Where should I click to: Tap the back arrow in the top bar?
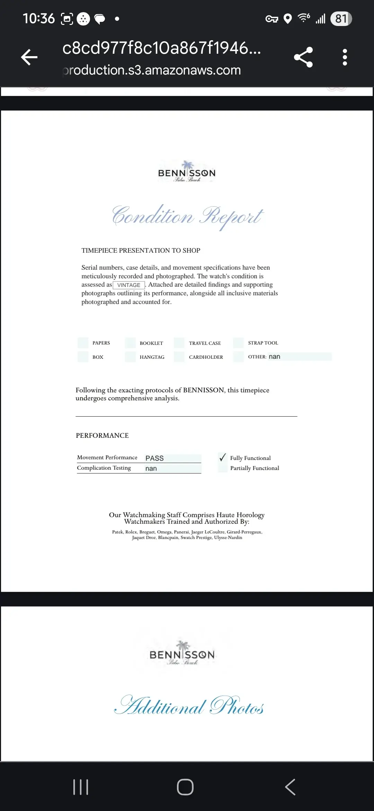tap(29, 57)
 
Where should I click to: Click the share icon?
tap(303, 57)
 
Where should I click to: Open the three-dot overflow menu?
tap(345, 57)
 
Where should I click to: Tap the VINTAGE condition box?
tap(129, 285)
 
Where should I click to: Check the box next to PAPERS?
tap(83, 343)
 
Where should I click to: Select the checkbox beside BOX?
tap(83, 357)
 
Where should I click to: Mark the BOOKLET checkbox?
tap(131, 343)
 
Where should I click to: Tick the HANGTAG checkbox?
tap(131, 357)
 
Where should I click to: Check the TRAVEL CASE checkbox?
tap(179, 343)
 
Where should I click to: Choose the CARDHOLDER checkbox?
tap(179, 357)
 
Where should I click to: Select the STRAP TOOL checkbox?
tap(239, 343)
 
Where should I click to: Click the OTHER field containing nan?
tap(300, 357)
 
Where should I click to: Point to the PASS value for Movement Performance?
tap(173, 458)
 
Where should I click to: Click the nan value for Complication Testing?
tap(173, 469)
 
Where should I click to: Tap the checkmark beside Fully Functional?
tap(223, 457)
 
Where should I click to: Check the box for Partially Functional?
tap(223, 468)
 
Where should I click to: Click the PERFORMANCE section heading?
tap(102, 436)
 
